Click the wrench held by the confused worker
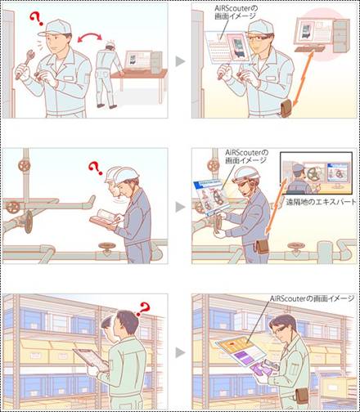pos(25,65)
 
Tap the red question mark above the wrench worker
pos(37,19)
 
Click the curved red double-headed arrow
pos(89,37)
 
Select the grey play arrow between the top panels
pos(180,61)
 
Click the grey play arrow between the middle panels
pos(180,208)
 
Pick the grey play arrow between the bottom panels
pos(180,352)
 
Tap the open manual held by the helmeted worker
pos(106,218)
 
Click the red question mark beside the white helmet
pos(95,168)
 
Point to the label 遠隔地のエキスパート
pos(321,202)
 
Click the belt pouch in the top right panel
pos(286,108)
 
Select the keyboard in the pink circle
pos(309,49)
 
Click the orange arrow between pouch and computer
pos(304,79)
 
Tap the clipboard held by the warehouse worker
pos(91,359)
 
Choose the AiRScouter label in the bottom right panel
pos(312,298)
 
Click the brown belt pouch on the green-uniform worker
pos(302,396)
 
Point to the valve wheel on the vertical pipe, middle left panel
pos(24,165)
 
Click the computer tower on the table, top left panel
pos(156,62)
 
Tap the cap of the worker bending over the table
pos(111,44)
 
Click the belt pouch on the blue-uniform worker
pos(261,245)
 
